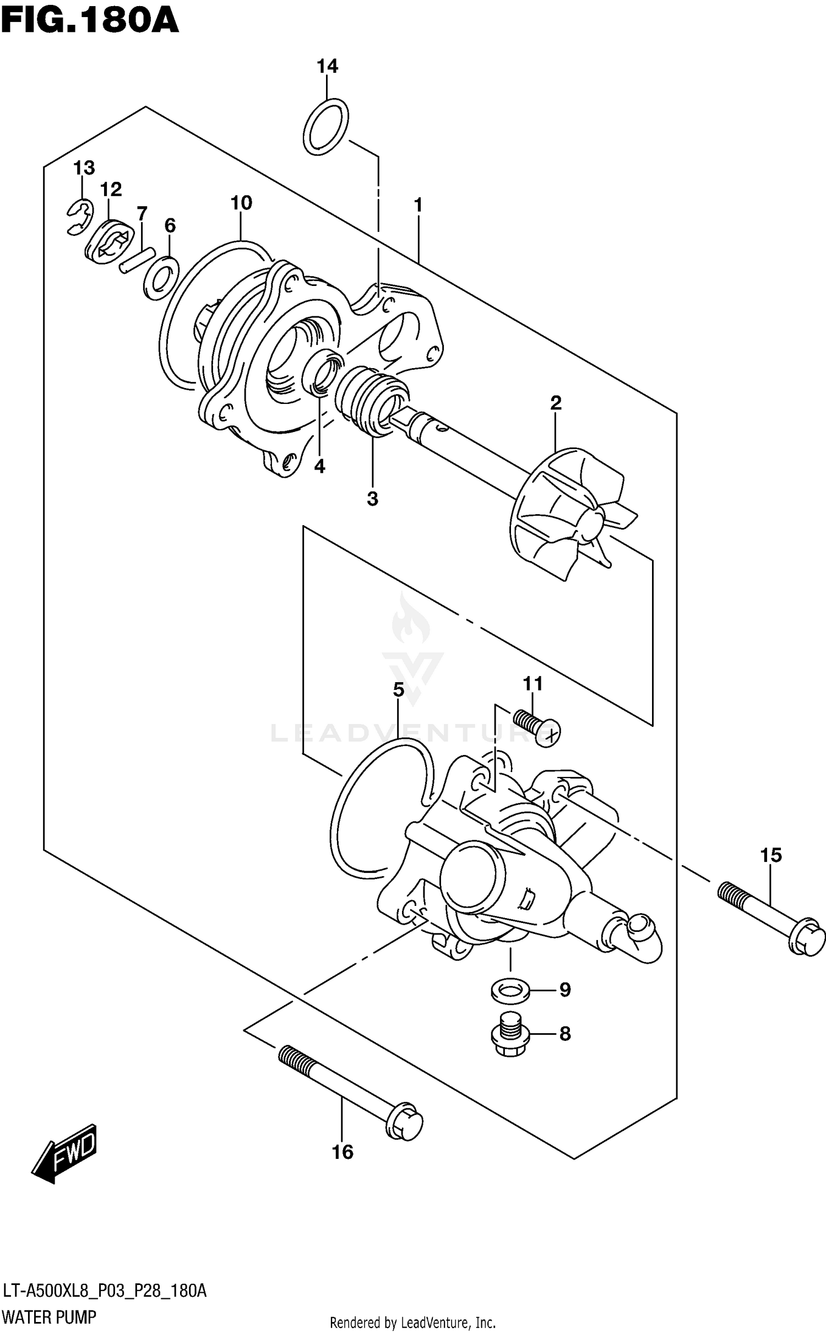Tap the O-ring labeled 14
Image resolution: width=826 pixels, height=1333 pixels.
pos(325,127)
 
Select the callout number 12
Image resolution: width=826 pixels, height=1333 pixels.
pos(111,190)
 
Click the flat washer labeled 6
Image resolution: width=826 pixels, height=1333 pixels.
pos(160,278)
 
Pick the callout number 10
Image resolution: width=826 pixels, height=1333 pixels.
pos(241,203)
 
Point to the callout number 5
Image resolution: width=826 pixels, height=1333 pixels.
pos(399,689)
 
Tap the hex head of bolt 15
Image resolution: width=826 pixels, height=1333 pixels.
pos(806,936)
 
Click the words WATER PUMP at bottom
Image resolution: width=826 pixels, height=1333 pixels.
pos(49,1317)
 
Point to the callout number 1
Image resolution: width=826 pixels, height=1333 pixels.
pos(419,206)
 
